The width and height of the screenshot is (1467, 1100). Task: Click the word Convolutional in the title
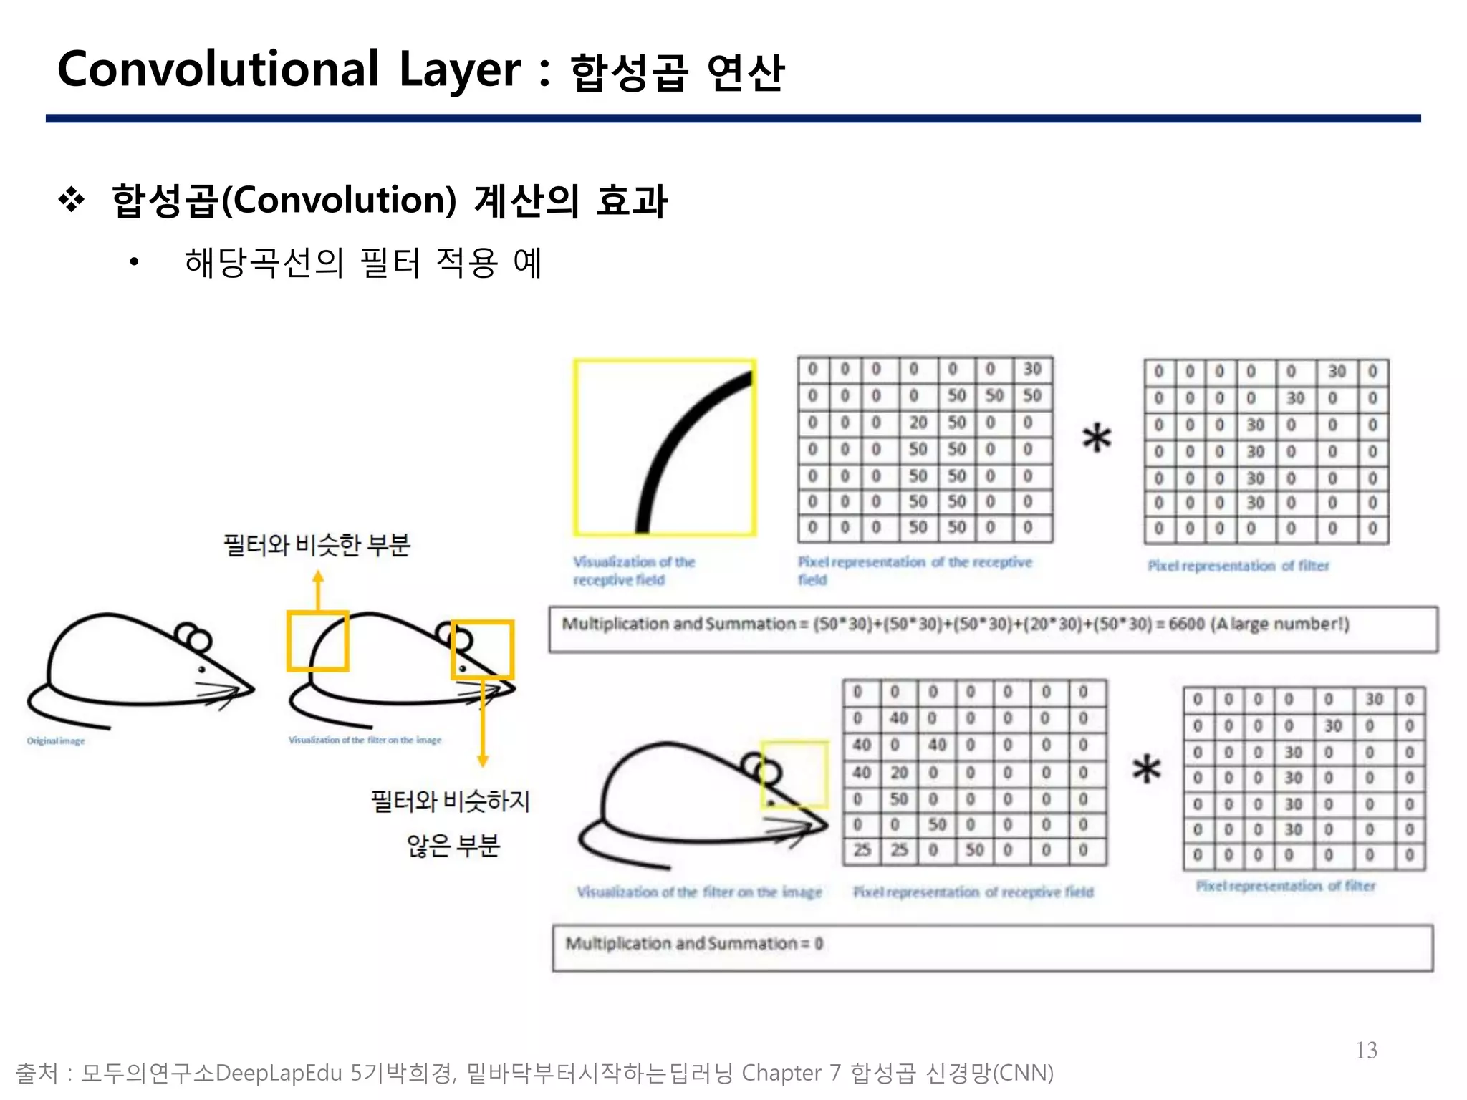pos(218,69)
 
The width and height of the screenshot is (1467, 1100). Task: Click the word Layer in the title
pos(459,71)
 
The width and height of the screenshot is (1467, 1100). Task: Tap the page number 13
pos(1366,1050)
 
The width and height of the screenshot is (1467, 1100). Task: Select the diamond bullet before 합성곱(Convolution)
pos(72,200)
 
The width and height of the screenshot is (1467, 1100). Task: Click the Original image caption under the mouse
pos(56,740)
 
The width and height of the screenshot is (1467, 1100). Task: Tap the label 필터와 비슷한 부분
pos(317,545)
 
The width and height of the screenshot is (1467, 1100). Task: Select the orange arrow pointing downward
pos(483,723)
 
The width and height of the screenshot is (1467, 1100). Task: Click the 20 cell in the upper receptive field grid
pos(918,423)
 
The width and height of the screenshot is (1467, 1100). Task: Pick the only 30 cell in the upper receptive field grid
pos(1031,369)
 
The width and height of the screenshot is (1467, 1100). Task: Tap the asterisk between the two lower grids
pos(1146,768)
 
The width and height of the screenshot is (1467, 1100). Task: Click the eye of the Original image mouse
pos(202,670)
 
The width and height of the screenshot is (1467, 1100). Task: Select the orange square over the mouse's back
pos(317,641)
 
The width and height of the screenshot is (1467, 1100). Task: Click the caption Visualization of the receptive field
pos(633,571)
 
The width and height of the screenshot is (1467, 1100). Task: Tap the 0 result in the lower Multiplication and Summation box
pos(819,944)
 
